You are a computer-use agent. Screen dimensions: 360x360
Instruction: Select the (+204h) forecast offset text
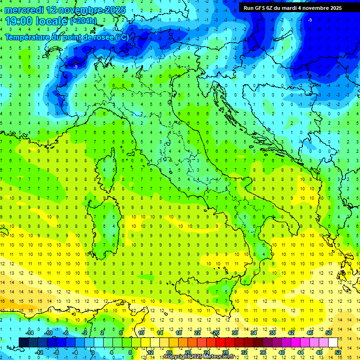83,21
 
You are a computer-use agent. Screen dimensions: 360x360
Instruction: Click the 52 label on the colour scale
338,352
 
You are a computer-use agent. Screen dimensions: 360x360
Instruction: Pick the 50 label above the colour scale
329,333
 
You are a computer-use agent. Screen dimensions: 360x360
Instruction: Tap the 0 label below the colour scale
93,352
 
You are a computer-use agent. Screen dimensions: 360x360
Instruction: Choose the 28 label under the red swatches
225,352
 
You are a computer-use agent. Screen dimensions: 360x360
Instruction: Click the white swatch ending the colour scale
333,342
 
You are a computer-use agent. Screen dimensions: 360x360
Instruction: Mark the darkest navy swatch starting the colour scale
23,342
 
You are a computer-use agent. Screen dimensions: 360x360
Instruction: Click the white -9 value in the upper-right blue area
310,20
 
